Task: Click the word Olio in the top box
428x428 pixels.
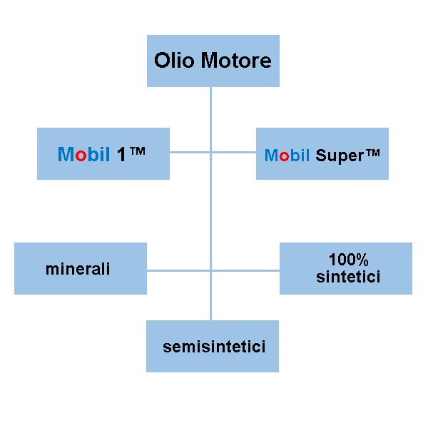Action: tap(174, 60)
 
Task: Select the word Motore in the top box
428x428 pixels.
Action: tap(235, 60)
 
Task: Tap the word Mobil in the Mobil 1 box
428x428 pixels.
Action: tap(83, 154)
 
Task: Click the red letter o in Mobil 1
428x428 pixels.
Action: tap(81, 155)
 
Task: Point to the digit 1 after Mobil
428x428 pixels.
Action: tap(122, 154)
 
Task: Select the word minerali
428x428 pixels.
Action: tap(78, 269)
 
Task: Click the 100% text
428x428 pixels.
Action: tap(348, 260)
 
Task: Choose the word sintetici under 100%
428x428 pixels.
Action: tap(348, 276)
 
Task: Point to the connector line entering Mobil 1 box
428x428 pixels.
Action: tap(189, 153)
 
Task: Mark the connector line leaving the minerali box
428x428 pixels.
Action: tap(178, 270)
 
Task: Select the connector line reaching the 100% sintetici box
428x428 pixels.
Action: tap(246, 270)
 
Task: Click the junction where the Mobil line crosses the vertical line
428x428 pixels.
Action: tap(210, 153)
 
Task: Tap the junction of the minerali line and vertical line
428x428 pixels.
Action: tap(210, 270)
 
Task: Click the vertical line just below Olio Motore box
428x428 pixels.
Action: tap(210, 100)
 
